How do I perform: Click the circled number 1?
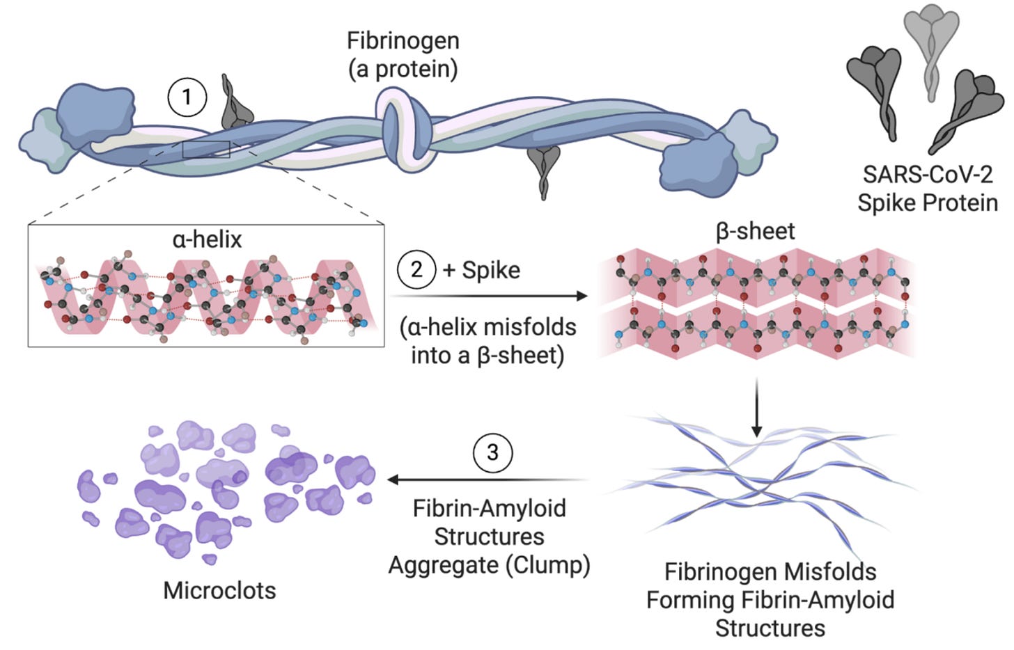pos(187,97)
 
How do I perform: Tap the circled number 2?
pos(416,269)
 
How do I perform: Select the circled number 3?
pos(492,453)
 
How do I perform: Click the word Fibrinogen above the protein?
pos(403,40)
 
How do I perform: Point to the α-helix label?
pos(208,239)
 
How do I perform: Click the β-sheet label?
pos(755,232)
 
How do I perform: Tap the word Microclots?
pos(219,590)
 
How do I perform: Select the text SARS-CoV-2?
pos(928,174)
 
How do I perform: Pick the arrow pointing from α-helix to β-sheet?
pos(489,296)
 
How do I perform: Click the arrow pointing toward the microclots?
pos(488,479)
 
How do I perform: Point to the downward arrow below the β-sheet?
pos(756,408)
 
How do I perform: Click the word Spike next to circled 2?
pos(491,271)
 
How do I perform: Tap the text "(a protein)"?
pos(403,69)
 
